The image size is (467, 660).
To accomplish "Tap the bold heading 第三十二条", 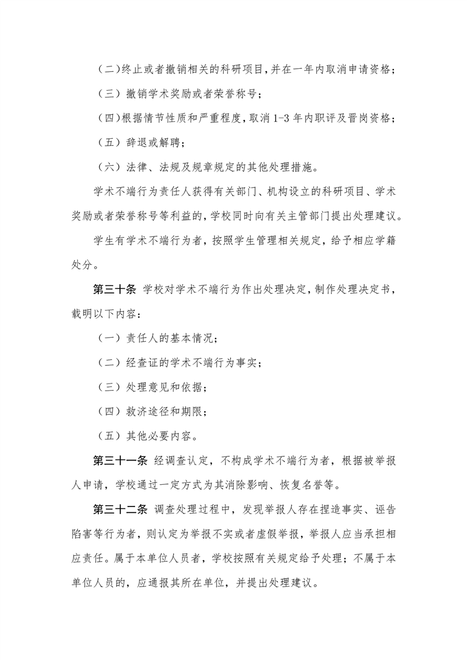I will [120, 508].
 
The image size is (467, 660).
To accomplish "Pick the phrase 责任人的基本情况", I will [171, 339].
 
